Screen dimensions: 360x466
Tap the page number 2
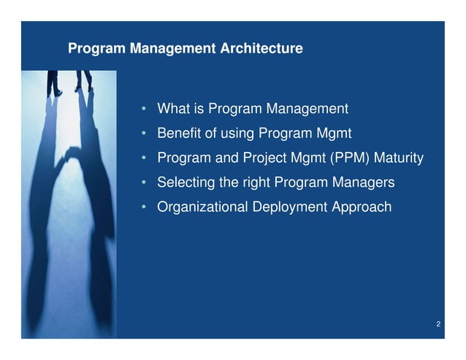(x=437, y=323)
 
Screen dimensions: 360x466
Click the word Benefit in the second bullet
(x=178, y=134)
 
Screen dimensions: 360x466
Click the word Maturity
(x=400, y=158)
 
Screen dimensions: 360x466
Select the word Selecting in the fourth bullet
(x=183, y=183)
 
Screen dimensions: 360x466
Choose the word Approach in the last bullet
(x=362, y=207)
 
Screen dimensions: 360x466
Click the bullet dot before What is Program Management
(x=145, y=110)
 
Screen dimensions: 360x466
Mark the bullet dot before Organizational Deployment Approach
(x=145, y=208)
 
